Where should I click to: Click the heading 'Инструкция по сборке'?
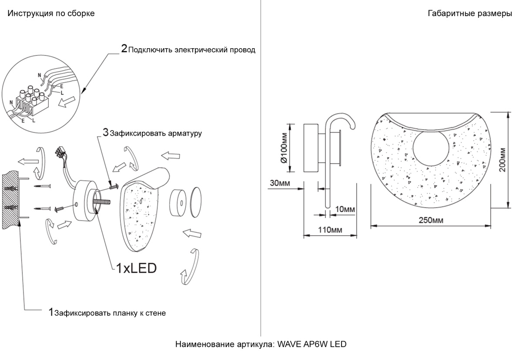click(x=51, y=13)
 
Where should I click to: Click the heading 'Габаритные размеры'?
click(x=470, y=13)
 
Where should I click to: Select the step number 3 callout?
click(x=105, y=132)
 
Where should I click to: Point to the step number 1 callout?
click(x=51, y=312)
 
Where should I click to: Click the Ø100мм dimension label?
click(x=284, y=148)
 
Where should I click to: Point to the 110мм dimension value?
click(x=329, y=229)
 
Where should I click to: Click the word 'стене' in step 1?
click(x=156, y=313)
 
